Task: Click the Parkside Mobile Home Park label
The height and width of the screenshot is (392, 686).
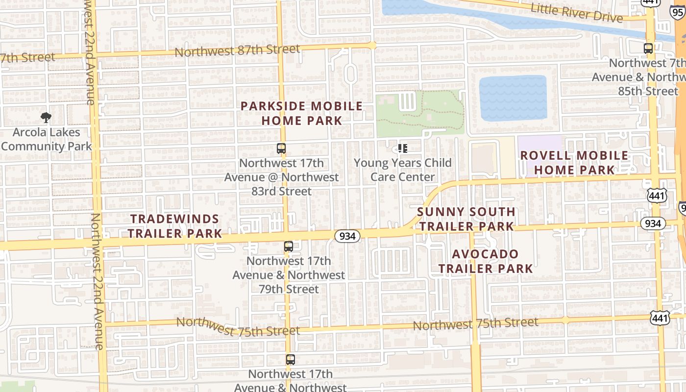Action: point(301,113)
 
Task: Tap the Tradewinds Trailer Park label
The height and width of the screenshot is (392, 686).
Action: point(175,226)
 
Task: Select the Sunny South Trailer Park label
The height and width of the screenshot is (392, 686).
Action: point(466,219)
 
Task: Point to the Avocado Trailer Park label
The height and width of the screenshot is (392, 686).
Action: point(485,261)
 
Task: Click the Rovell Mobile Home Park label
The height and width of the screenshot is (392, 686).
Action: point(574,163)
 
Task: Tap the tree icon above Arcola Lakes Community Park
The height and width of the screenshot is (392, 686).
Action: point(46,117)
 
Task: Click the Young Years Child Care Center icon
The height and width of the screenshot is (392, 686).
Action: point(403,148)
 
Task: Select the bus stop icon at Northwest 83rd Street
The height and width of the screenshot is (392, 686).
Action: point(281,148)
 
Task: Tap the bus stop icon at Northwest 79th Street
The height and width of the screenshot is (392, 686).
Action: point(289,246)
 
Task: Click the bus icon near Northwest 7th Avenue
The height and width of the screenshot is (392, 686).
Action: point(648,48)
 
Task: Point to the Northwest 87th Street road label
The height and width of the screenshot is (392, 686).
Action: point(237,50)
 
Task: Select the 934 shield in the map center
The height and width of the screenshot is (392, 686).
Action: point(347,236)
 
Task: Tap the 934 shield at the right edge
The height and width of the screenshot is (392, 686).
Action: point(653,224)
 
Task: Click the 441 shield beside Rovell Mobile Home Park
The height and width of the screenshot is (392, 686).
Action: point(657,195)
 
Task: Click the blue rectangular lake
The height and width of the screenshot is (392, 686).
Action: point(513,98)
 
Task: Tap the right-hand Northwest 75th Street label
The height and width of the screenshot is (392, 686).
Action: point(475,324)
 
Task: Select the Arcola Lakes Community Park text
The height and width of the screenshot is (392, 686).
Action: point(46,139)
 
